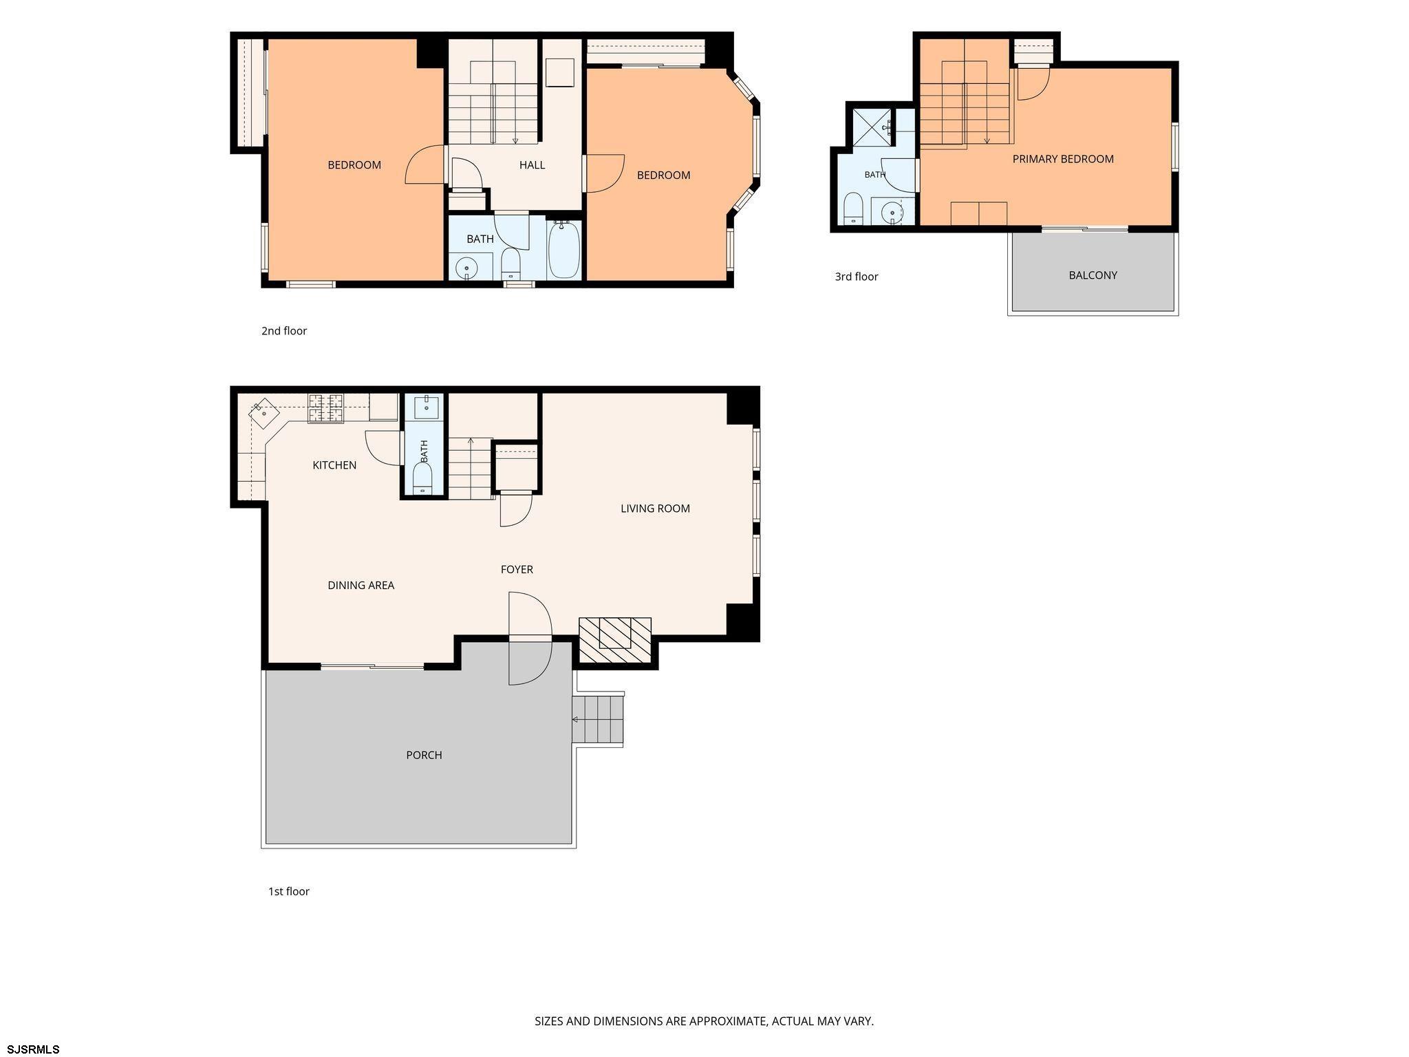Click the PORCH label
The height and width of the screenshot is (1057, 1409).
click(424, 755)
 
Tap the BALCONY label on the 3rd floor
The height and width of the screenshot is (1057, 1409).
click(1093, 275)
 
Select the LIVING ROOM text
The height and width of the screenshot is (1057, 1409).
click(655, 509)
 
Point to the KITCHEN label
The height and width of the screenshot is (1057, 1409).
click(334, 465)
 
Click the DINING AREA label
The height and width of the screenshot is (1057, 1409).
click(361, 586)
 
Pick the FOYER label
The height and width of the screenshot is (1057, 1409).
click(517, 570)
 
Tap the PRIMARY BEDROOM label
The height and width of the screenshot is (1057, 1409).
click(1063, 159)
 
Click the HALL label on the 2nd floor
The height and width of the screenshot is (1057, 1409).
click(532, 165)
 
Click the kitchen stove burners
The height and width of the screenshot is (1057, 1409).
click(325, 407)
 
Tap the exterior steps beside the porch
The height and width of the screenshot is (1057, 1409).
click(598, 719)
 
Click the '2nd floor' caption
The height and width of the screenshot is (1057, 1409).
click(284, 331)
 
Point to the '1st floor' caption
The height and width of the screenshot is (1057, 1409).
click(289, 891)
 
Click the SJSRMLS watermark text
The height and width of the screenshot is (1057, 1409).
click(34, 1049)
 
